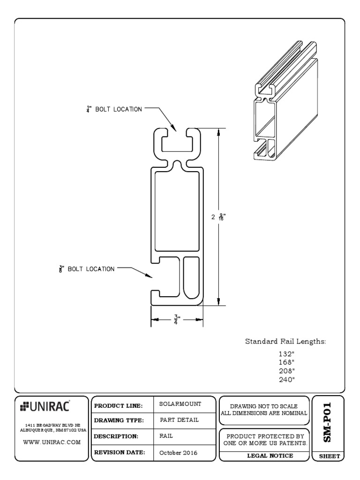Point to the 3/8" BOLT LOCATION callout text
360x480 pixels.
86,269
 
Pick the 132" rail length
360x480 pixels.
286,354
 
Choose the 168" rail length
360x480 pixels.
286,362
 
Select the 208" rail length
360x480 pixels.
286,370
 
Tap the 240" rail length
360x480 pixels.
286,379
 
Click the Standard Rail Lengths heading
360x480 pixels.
285,342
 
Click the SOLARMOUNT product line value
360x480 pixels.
180,404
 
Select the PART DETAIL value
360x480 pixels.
179,420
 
